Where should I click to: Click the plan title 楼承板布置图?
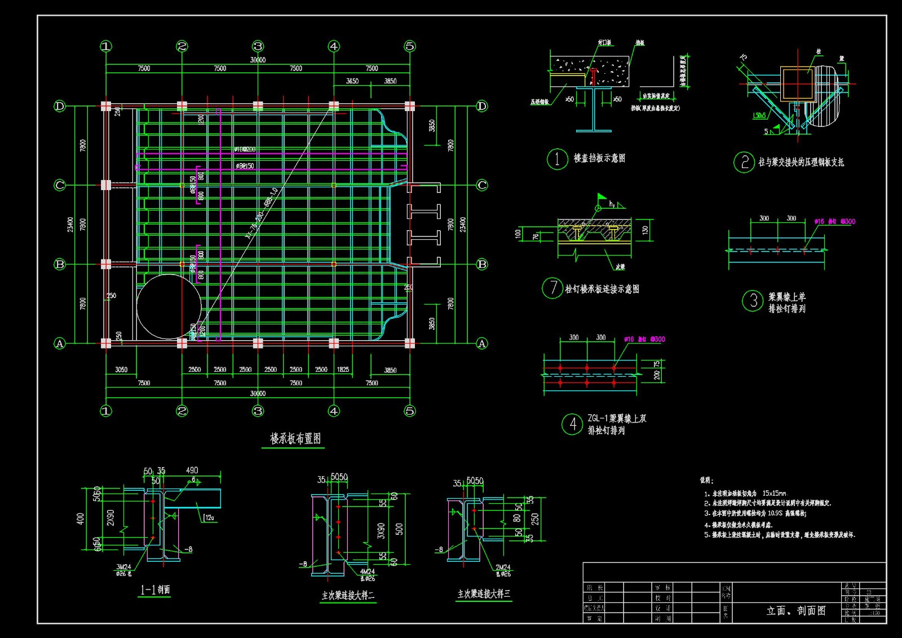tap(295, 438)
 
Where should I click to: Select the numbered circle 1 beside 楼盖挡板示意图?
tap(557, 159)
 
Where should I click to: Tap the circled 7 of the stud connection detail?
tap(552, 288)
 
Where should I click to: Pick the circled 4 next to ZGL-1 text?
tap(572, 424)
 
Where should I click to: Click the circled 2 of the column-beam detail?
tap(744, 162)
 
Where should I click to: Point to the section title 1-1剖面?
tap(155, 590)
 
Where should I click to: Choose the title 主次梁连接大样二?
tap(348, 595)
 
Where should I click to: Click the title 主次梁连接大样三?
tap(484, 593)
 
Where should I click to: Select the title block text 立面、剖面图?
tap(796, 610)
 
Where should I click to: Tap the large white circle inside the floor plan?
tap(169, 306)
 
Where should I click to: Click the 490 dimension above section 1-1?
tap(192, 470)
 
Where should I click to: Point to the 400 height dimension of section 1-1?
tap(81, 518)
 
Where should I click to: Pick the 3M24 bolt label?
tap(123, 567)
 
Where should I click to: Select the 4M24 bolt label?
tap(367, 571)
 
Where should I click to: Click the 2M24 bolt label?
tap(503, 567)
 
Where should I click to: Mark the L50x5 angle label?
tap(759, 116)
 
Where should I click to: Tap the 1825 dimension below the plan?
tap(343, 369)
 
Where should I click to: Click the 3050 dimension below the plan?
tap(121, 369)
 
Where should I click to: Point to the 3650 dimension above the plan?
tap(352, 81)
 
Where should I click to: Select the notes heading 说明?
tap(706, 481)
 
